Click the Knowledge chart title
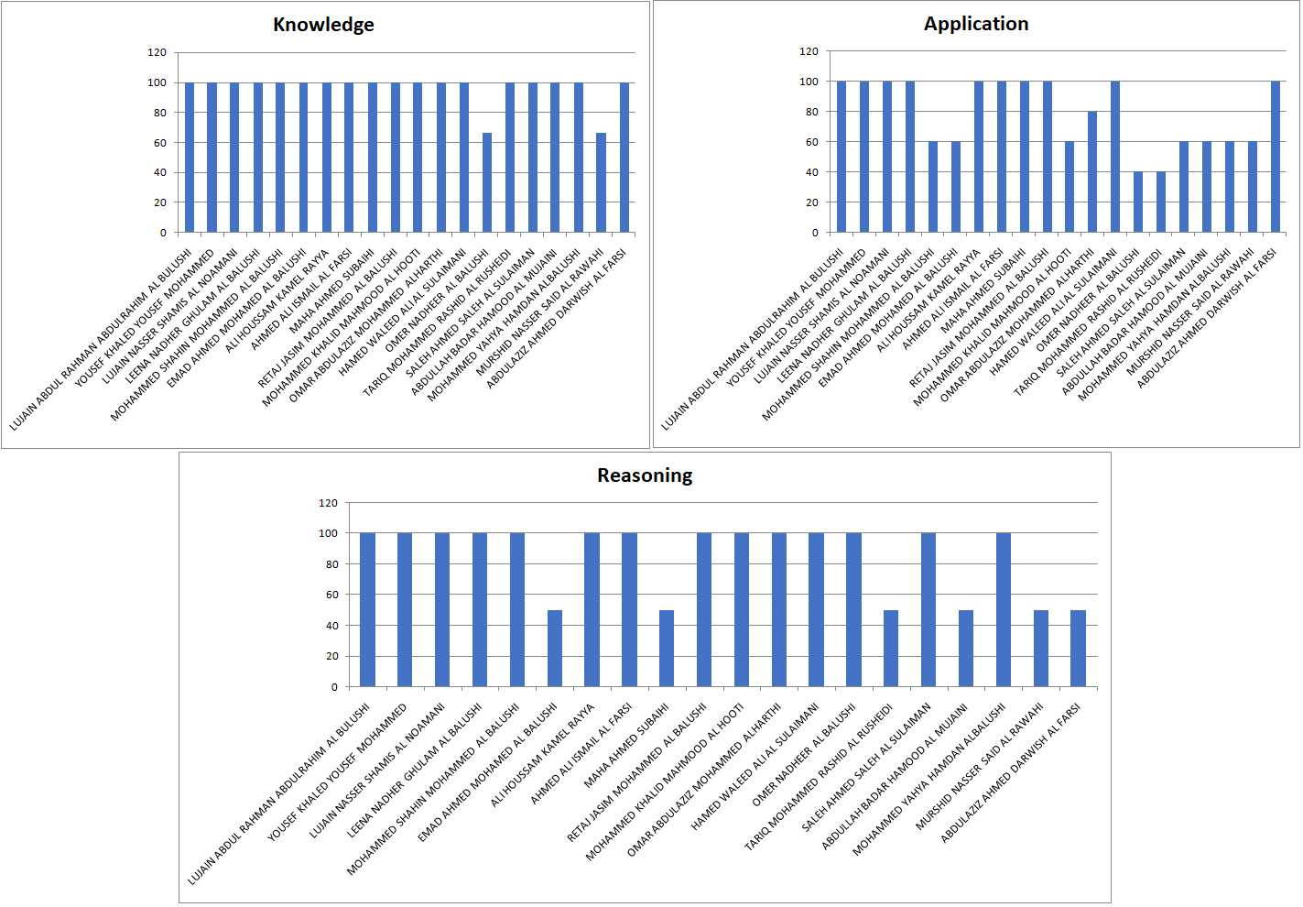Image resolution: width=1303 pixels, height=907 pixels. click(x=323, y=25)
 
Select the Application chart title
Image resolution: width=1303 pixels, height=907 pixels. click(x=975, y=24)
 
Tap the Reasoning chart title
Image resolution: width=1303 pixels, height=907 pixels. click(x=645, y=475)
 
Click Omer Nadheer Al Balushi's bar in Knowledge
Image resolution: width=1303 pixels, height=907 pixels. click(x=487, y=183)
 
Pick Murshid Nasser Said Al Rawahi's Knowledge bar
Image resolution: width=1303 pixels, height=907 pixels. click(x=602, y=183)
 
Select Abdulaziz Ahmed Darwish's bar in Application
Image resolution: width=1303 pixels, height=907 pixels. click(x=1276, y=157)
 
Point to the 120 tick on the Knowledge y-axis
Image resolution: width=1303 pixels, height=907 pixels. click(x=157, y=52)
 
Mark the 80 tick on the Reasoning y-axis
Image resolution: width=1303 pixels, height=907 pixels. click(x=331, y=564)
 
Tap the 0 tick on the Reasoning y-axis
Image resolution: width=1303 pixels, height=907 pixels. click(x=334, y=687)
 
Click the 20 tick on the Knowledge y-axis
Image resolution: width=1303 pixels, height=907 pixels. click(x=160, y=202)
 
